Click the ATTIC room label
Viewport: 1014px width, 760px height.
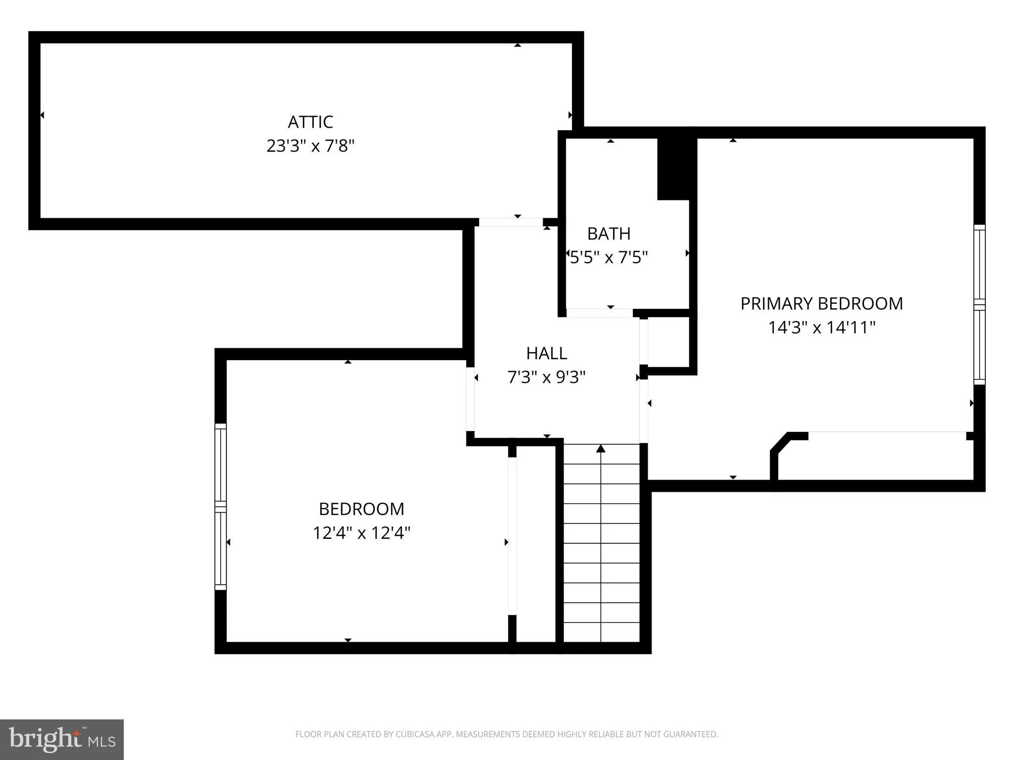click(x=310, y=122)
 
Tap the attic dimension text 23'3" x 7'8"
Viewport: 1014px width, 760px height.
click(x=310, y=146)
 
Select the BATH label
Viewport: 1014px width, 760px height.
click(x=608, y=234)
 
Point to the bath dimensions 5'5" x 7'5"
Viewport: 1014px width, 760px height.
click(x=608, y=258)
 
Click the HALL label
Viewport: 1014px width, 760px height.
click(x=547, y=353)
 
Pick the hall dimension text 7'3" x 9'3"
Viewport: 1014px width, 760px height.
click(x=547, y=378)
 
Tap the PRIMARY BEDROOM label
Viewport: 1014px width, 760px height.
click(x=821, y=303)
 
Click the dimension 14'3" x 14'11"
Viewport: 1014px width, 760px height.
click(x=821, y=328)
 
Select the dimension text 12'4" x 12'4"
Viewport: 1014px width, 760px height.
click(x=361, y=533)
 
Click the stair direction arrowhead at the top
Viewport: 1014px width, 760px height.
click(x=601, y=449)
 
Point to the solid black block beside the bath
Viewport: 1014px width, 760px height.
click(x=674, y=169)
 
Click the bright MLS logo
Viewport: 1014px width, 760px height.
click(x=62, y=739)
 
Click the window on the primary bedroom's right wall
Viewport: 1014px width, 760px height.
click(x=979, y=304)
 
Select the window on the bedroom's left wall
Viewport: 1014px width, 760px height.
click(x=220, y=507)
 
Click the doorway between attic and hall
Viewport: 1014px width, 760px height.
click(x=510, y=222)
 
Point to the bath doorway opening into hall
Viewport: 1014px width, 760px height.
click(x=599, y=313)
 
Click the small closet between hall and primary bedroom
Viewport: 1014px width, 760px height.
click(x=668, y=342)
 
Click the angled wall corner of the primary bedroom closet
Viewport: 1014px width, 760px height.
click(x=779, y=444)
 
